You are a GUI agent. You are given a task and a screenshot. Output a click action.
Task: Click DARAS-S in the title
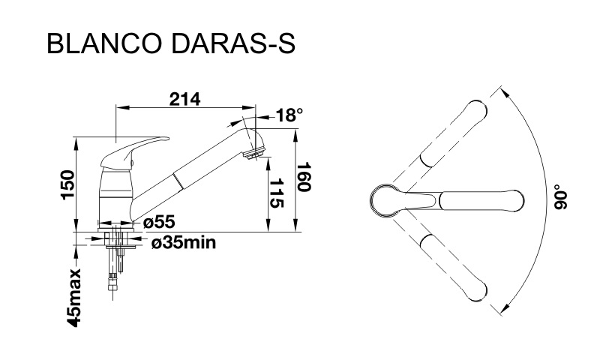[232, 43]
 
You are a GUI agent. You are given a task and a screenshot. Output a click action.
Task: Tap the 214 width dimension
[184, 100]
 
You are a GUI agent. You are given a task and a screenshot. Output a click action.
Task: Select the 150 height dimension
[67, 184]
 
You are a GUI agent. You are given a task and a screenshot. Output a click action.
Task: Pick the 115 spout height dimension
[277, 193]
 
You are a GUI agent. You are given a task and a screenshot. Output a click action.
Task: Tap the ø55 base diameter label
[159, 222]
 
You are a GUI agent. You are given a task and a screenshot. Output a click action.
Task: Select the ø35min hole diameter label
[183, 242]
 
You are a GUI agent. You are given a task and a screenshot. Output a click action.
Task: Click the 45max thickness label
[73, 298]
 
